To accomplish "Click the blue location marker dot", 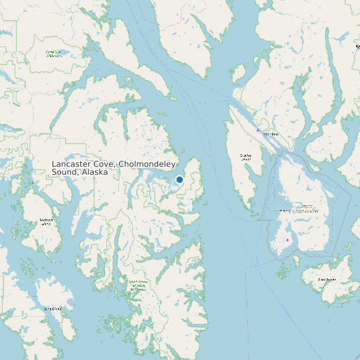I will click(x=179, y=179).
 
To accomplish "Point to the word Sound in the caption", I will click(x=64, y=172).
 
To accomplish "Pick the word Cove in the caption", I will click(x=103, y=164).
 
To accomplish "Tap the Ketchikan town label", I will click(x=270, y=135).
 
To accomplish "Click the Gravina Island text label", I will click(x=246, y=157).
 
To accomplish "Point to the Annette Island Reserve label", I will click(x=305, y=209).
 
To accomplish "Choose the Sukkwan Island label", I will click(x=46, y=222).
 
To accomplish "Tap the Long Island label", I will click(x=52, y=309).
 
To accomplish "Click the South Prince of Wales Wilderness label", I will click(x=137, y=286).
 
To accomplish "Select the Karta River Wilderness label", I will click(x=54, y=53).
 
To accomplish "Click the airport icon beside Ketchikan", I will click(x=258, y=130).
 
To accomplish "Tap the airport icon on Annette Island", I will click(x=288, y=240).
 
